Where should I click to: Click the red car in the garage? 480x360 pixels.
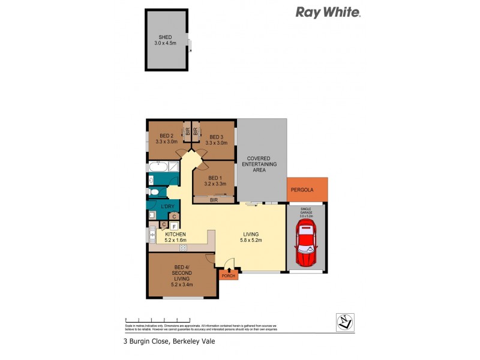(x=307, y=244)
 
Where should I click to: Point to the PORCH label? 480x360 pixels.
(x=228, y=275)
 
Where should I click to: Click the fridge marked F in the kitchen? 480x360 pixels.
(x=173, y=226)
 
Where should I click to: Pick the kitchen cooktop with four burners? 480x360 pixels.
(x=182, y=247)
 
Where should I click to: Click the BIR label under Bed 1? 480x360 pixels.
(x=214, y=200)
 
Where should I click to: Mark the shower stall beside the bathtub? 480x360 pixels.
(x=173, y=167)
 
